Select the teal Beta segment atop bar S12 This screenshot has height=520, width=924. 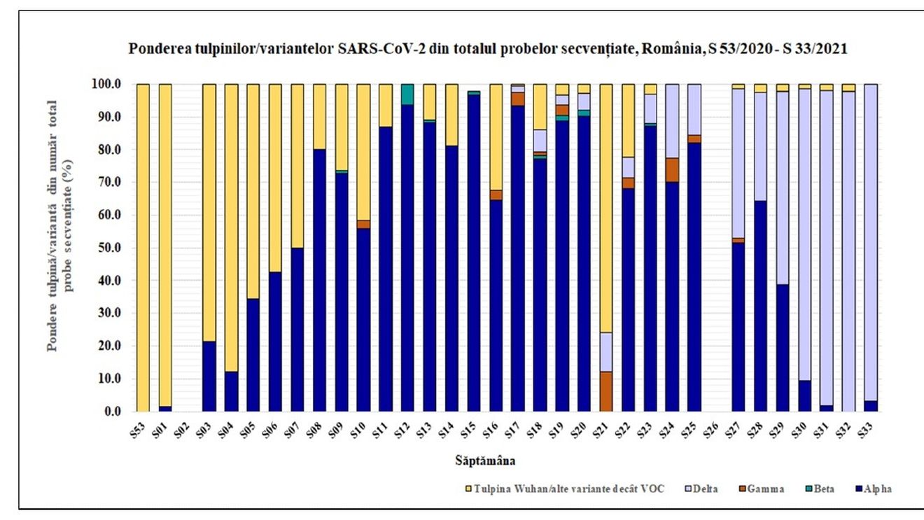click(x=407, y=94)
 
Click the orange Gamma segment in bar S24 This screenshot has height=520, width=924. click(x=672, y=169)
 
